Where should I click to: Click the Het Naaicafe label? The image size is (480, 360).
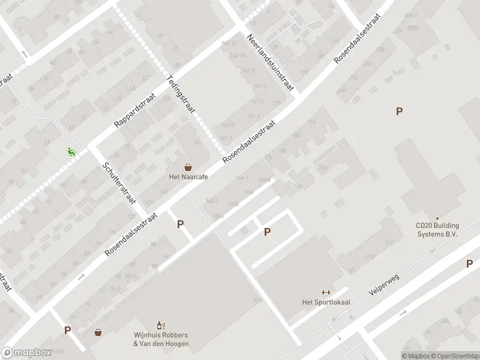click(x=188, y=178)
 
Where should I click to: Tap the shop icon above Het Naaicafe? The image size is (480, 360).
click(x=188, y=167)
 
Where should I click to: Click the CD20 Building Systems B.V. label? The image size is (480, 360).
click(x=437, y=230)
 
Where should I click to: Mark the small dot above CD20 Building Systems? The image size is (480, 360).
click(x=437, y=218)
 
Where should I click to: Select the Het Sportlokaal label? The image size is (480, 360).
click(x=326, y=302)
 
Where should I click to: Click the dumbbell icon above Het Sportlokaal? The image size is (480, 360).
click(x=326, y=292)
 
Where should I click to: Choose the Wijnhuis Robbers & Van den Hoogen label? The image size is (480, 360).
click(x=161, y=339)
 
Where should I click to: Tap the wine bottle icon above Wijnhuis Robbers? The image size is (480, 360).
click(x=160, y=325)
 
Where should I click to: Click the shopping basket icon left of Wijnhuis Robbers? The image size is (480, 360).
click(x=98, y=332)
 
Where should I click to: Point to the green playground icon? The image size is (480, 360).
click(x=71, y=152)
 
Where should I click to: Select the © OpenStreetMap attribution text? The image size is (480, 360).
click(x=454, y=356)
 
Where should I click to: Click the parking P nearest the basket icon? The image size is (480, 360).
click(x=68, y=330)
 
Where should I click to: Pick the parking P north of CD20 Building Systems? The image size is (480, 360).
click(x=399, y=111)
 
